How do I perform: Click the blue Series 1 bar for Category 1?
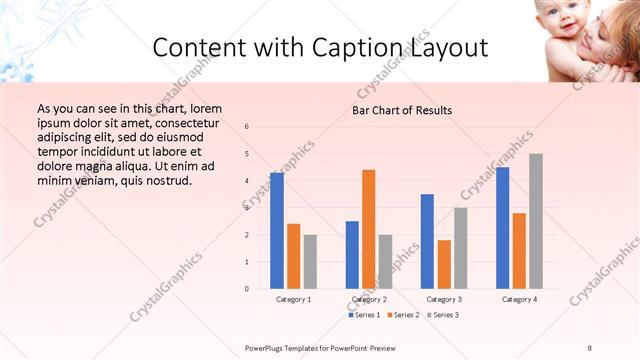pyautogui.click(x=277, y=231)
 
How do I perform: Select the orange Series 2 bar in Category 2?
pyautogui.click(x=368, y=229)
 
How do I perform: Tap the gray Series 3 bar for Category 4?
pyautogui.click(x=536, y=221)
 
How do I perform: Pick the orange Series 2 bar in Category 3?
pyautogui.click(x=444, y=264)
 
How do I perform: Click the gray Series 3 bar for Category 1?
pyautogui.click(x=310, y=262)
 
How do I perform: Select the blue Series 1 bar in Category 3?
pyautogui.click(x=427, y=241)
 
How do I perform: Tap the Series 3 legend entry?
pyautogui.click(x=442, y=315)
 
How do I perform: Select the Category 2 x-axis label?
pyautogui.click(x=368, y=299)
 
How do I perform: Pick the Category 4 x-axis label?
pyautogui.click(x=519, y=299)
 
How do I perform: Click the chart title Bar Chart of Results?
pyautogui.click(x=403, y=110)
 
